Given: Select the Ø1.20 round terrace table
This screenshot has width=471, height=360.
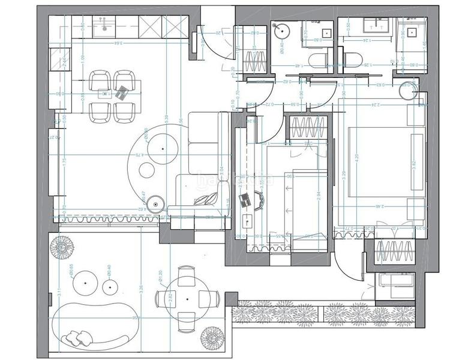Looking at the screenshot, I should (187, 299).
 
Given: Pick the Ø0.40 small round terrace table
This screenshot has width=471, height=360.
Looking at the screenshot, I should (110, 289).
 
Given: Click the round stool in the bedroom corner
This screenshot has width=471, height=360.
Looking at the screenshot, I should (408, 90).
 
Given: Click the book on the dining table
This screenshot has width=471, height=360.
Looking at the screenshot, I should (122, 92).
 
